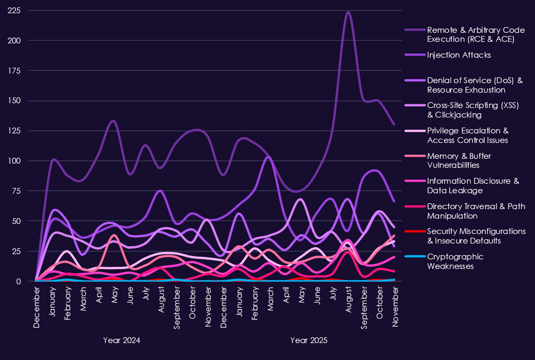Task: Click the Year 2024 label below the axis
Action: (x=122, y=340)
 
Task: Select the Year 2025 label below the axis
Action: (x=309, y=340)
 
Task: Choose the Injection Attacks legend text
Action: (x=459, y=55)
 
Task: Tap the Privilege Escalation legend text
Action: (x=468, y=136)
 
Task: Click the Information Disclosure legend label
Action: (x=473, y=186)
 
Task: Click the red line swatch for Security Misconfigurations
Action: (x=414, y=231)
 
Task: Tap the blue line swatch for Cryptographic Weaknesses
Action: (x=414, y=257)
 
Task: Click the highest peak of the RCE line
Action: (x=348, y=12)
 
